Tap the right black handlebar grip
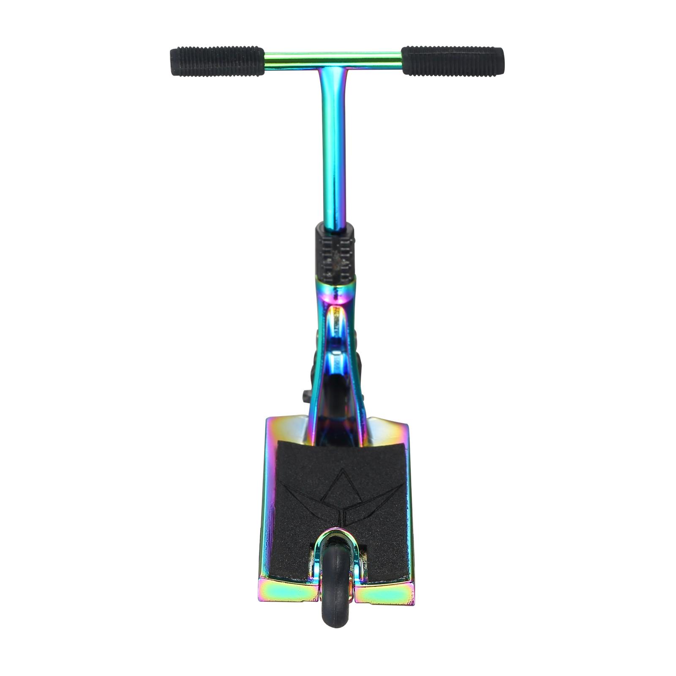tap(452, 61)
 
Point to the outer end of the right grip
tap(500, 60)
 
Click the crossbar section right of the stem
tap(372, 56)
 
